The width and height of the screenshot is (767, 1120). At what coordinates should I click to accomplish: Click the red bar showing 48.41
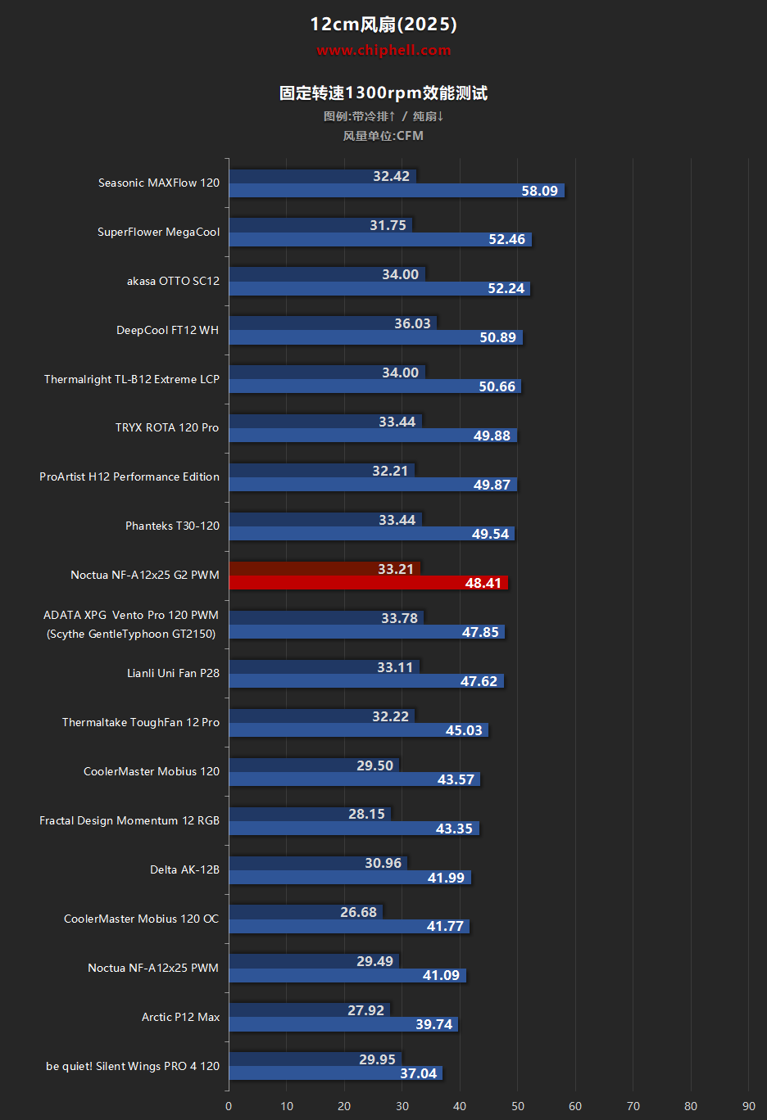pyautogui.click(x=368, y=582)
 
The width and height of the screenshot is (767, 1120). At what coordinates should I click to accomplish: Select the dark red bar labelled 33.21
pyautogui.click(x=324, y=568)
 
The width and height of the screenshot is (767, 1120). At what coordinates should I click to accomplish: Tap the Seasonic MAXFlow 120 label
pyautogui.click(x=159, y=183)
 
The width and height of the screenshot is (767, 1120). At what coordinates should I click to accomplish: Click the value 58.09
pyautogui.click(x=539, y=191)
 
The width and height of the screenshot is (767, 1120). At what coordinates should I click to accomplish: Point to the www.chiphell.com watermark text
pyautogui.click(x=383, y=50)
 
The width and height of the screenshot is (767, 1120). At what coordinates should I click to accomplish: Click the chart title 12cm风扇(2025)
pyautogui.click(x=383, y=24)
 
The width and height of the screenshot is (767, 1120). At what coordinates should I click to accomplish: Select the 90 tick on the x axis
pyautogui.click(x=748, y=1106)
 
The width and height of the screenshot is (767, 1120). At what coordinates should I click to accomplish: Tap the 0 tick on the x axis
pyautogui.click(x=229, y=1106)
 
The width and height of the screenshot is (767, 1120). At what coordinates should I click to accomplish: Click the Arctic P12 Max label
pyautogui.click(x=180, y=1017)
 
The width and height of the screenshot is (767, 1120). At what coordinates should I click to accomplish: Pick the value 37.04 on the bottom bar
pyautogui.click(x=418, y=1073)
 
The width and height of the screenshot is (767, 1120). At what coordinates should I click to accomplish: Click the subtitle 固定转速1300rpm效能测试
pyautogui.click(x=383, y=93)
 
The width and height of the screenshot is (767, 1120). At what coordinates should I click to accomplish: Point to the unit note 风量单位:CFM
pyautogui.click(x=383, y=136)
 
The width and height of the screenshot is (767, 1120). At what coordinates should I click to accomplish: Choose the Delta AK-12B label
pyautogui.click(x=184, y=869)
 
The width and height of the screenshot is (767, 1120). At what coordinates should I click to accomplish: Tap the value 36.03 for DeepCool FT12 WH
pyautogui.click(x=412, y=323)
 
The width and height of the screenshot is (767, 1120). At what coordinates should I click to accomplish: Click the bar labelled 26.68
pyautogui.click(x=306, y=912)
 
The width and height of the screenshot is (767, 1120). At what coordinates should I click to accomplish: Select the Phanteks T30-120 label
pyautogui.click(x=172, y=526)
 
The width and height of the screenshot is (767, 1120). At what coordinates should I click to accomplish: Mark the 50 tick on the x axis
pyautogui.click(x=517, y=1106)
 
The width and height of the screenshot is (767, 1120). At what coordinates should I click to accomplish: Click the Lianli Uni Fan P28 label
pyautogui.click(x=173, y=673)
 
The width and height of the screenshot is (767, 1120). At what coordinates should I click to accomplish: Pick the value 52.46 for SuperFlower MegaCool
pyautogui.click(x=507, y=240)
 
